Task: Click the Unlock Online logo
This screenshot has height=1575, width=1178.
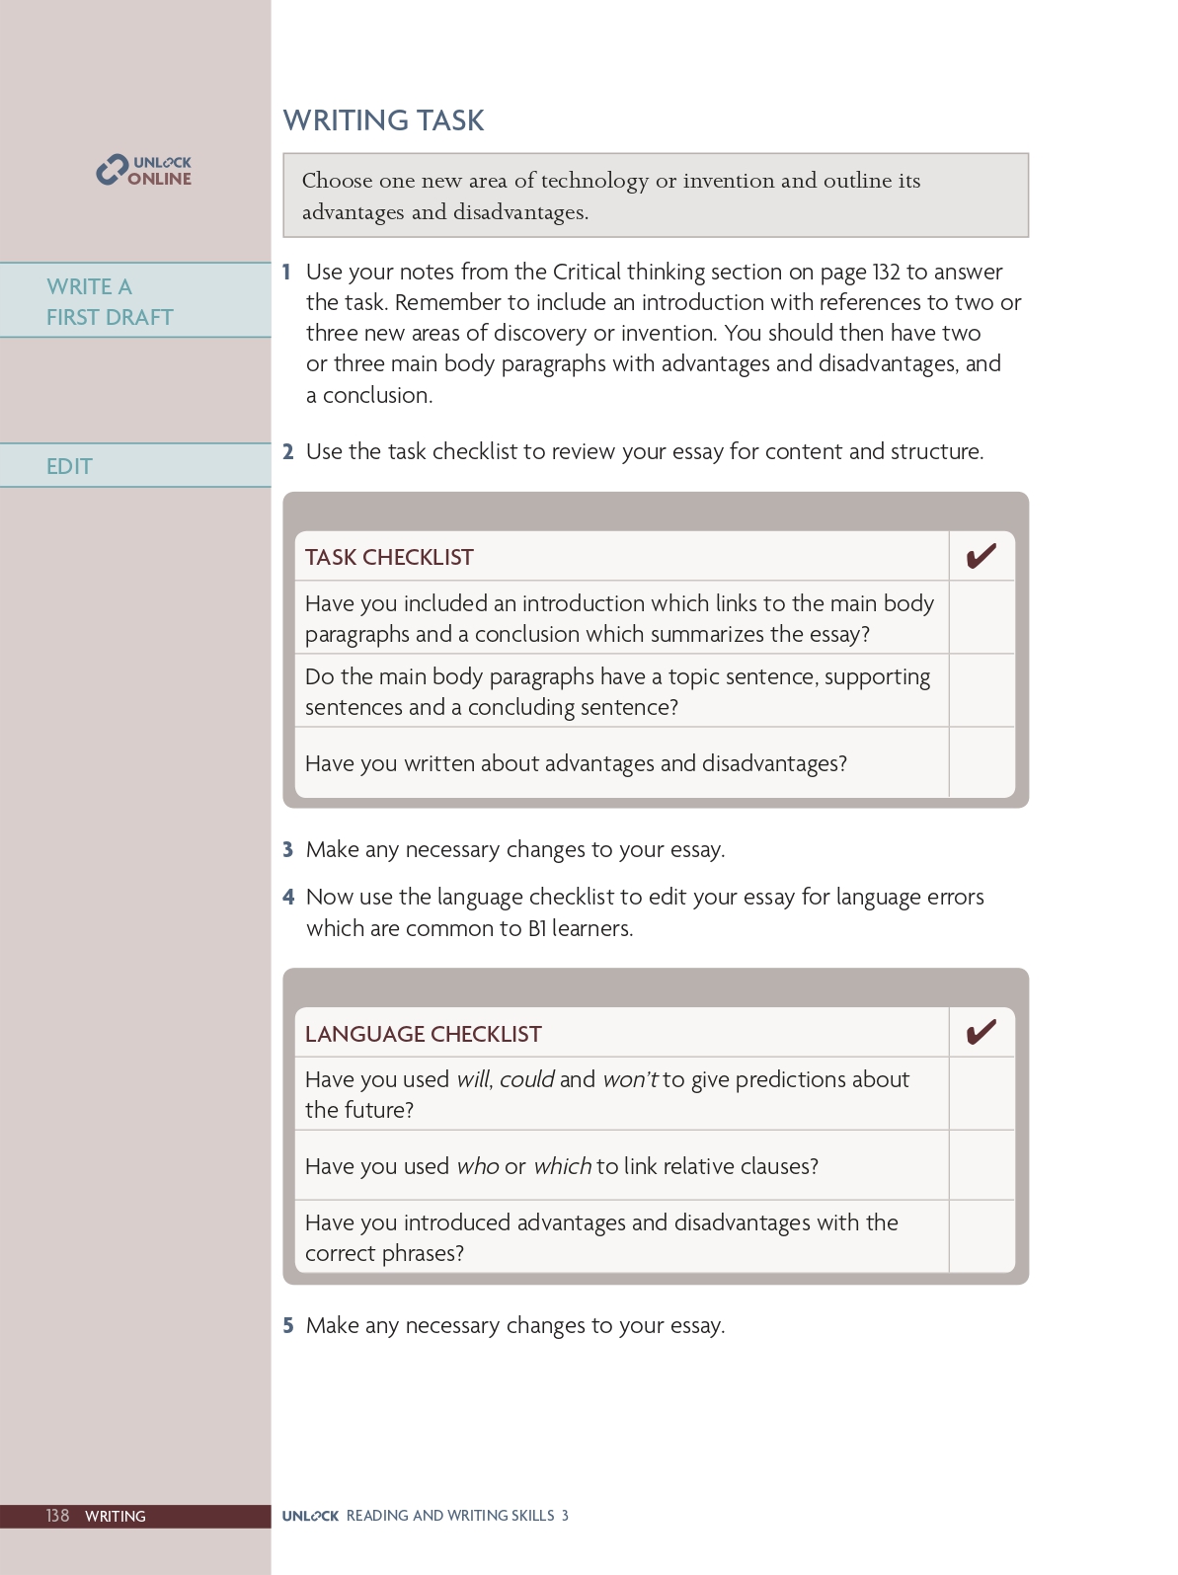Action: coord(144,171)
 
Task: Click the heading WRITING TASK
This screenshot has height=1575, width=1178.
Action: coord(383,120)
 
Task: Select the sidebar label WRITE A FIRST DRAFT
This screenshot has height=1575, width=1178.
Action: coord(110,301)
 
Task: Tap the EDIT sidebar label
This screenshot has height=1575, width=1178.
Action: coord(69,466)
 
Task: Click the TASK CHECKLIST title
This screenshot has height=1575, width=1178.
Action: coord(389,557)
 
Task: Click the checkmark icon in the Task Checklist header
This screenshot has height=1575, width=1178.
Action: coord(981,557)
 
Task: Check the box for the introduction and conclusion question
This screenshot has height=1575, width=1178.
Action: coord(981,618)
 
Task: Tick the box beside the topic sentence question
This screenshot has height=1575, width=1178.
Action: coord(981,691)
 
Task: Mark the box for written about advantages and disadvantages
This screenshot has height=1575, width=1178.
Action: coord(981,763)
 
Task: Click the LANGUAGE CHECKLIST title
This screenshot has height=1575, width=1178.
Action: coord(423,1034)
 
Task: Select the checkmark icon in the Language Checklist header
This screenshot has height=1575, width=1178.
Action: coord(981,1033)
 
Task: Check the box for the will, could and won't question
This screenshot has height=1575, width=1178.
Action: coord(981,1094)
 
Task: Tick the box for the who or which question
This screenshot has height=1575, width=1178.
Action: coord(981,1166)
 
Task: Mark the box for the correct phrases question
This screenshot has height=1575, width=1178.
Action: coord(981,1237)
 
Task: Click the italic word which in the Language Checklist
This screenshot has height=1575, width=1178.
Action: coord(562,1166)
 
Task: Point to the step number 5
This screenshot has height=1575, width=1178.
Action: coord(288,1325)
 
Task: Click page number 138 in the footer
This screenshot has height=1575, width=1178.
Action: coord(57,1516)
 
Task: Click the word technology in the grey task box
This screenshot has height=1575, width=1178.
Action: coord(594,181)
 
